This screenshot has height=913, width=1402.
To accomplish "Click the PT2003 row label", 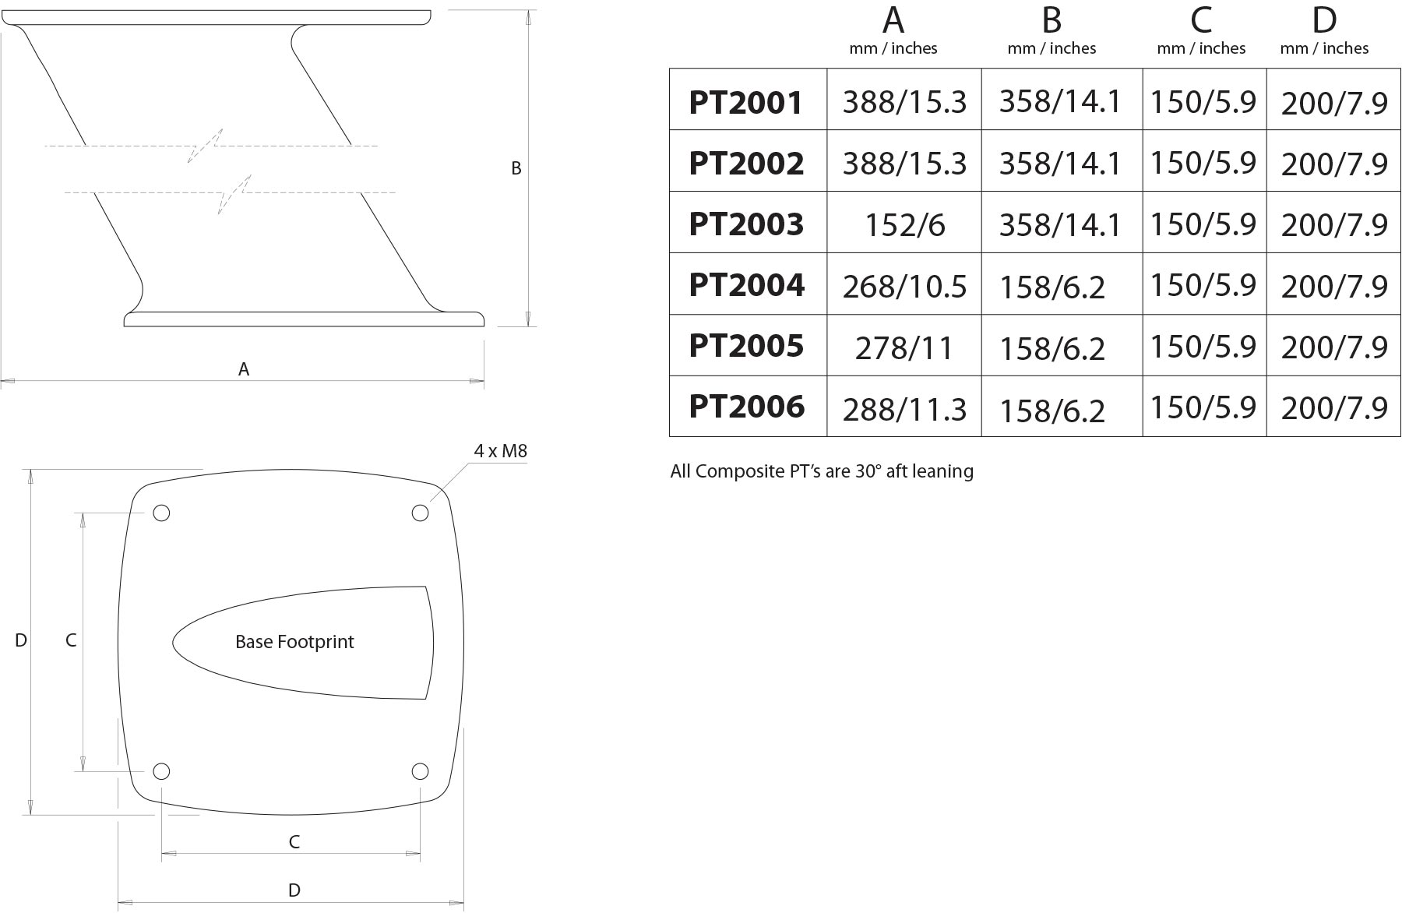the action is pos(746,224).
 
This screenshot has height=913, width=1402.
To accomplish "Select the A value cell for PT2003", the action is pos(904,225).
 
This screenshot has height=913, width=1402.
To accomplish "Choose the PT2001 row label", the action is pos(746,102).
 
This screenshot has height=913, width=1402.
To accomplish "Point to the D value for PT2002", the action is pos(1334,164).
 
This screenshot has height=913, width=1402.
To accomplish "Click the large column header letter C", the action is pos(1201,20).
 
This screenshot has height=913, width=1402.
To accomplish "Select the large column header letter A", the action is pos(893,20).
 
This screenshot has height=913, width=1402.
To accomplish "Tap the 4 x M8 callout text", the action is pos(500,451).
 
